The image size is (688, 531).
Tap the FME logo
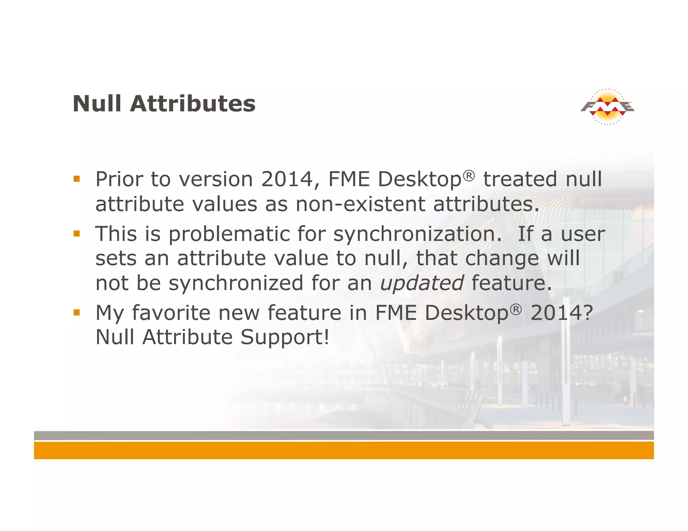click(x=607, y=107)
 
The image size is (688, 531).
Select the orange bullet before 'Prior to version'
click(x=77, y=179)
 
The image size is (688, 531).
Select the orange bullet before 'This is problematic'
click(x=77, y=233)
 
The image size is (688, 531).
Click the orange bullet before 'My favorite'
click(x=77, y=312)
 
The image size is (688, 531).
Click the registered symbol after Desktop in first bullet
click(x=469, y=176)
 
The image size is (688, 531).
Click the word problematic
click(x=229, y=234)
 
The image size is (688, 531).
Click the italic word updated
click(x=422, y=283)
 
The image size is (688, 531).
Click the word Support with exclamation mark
click(x=284, y=337)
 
